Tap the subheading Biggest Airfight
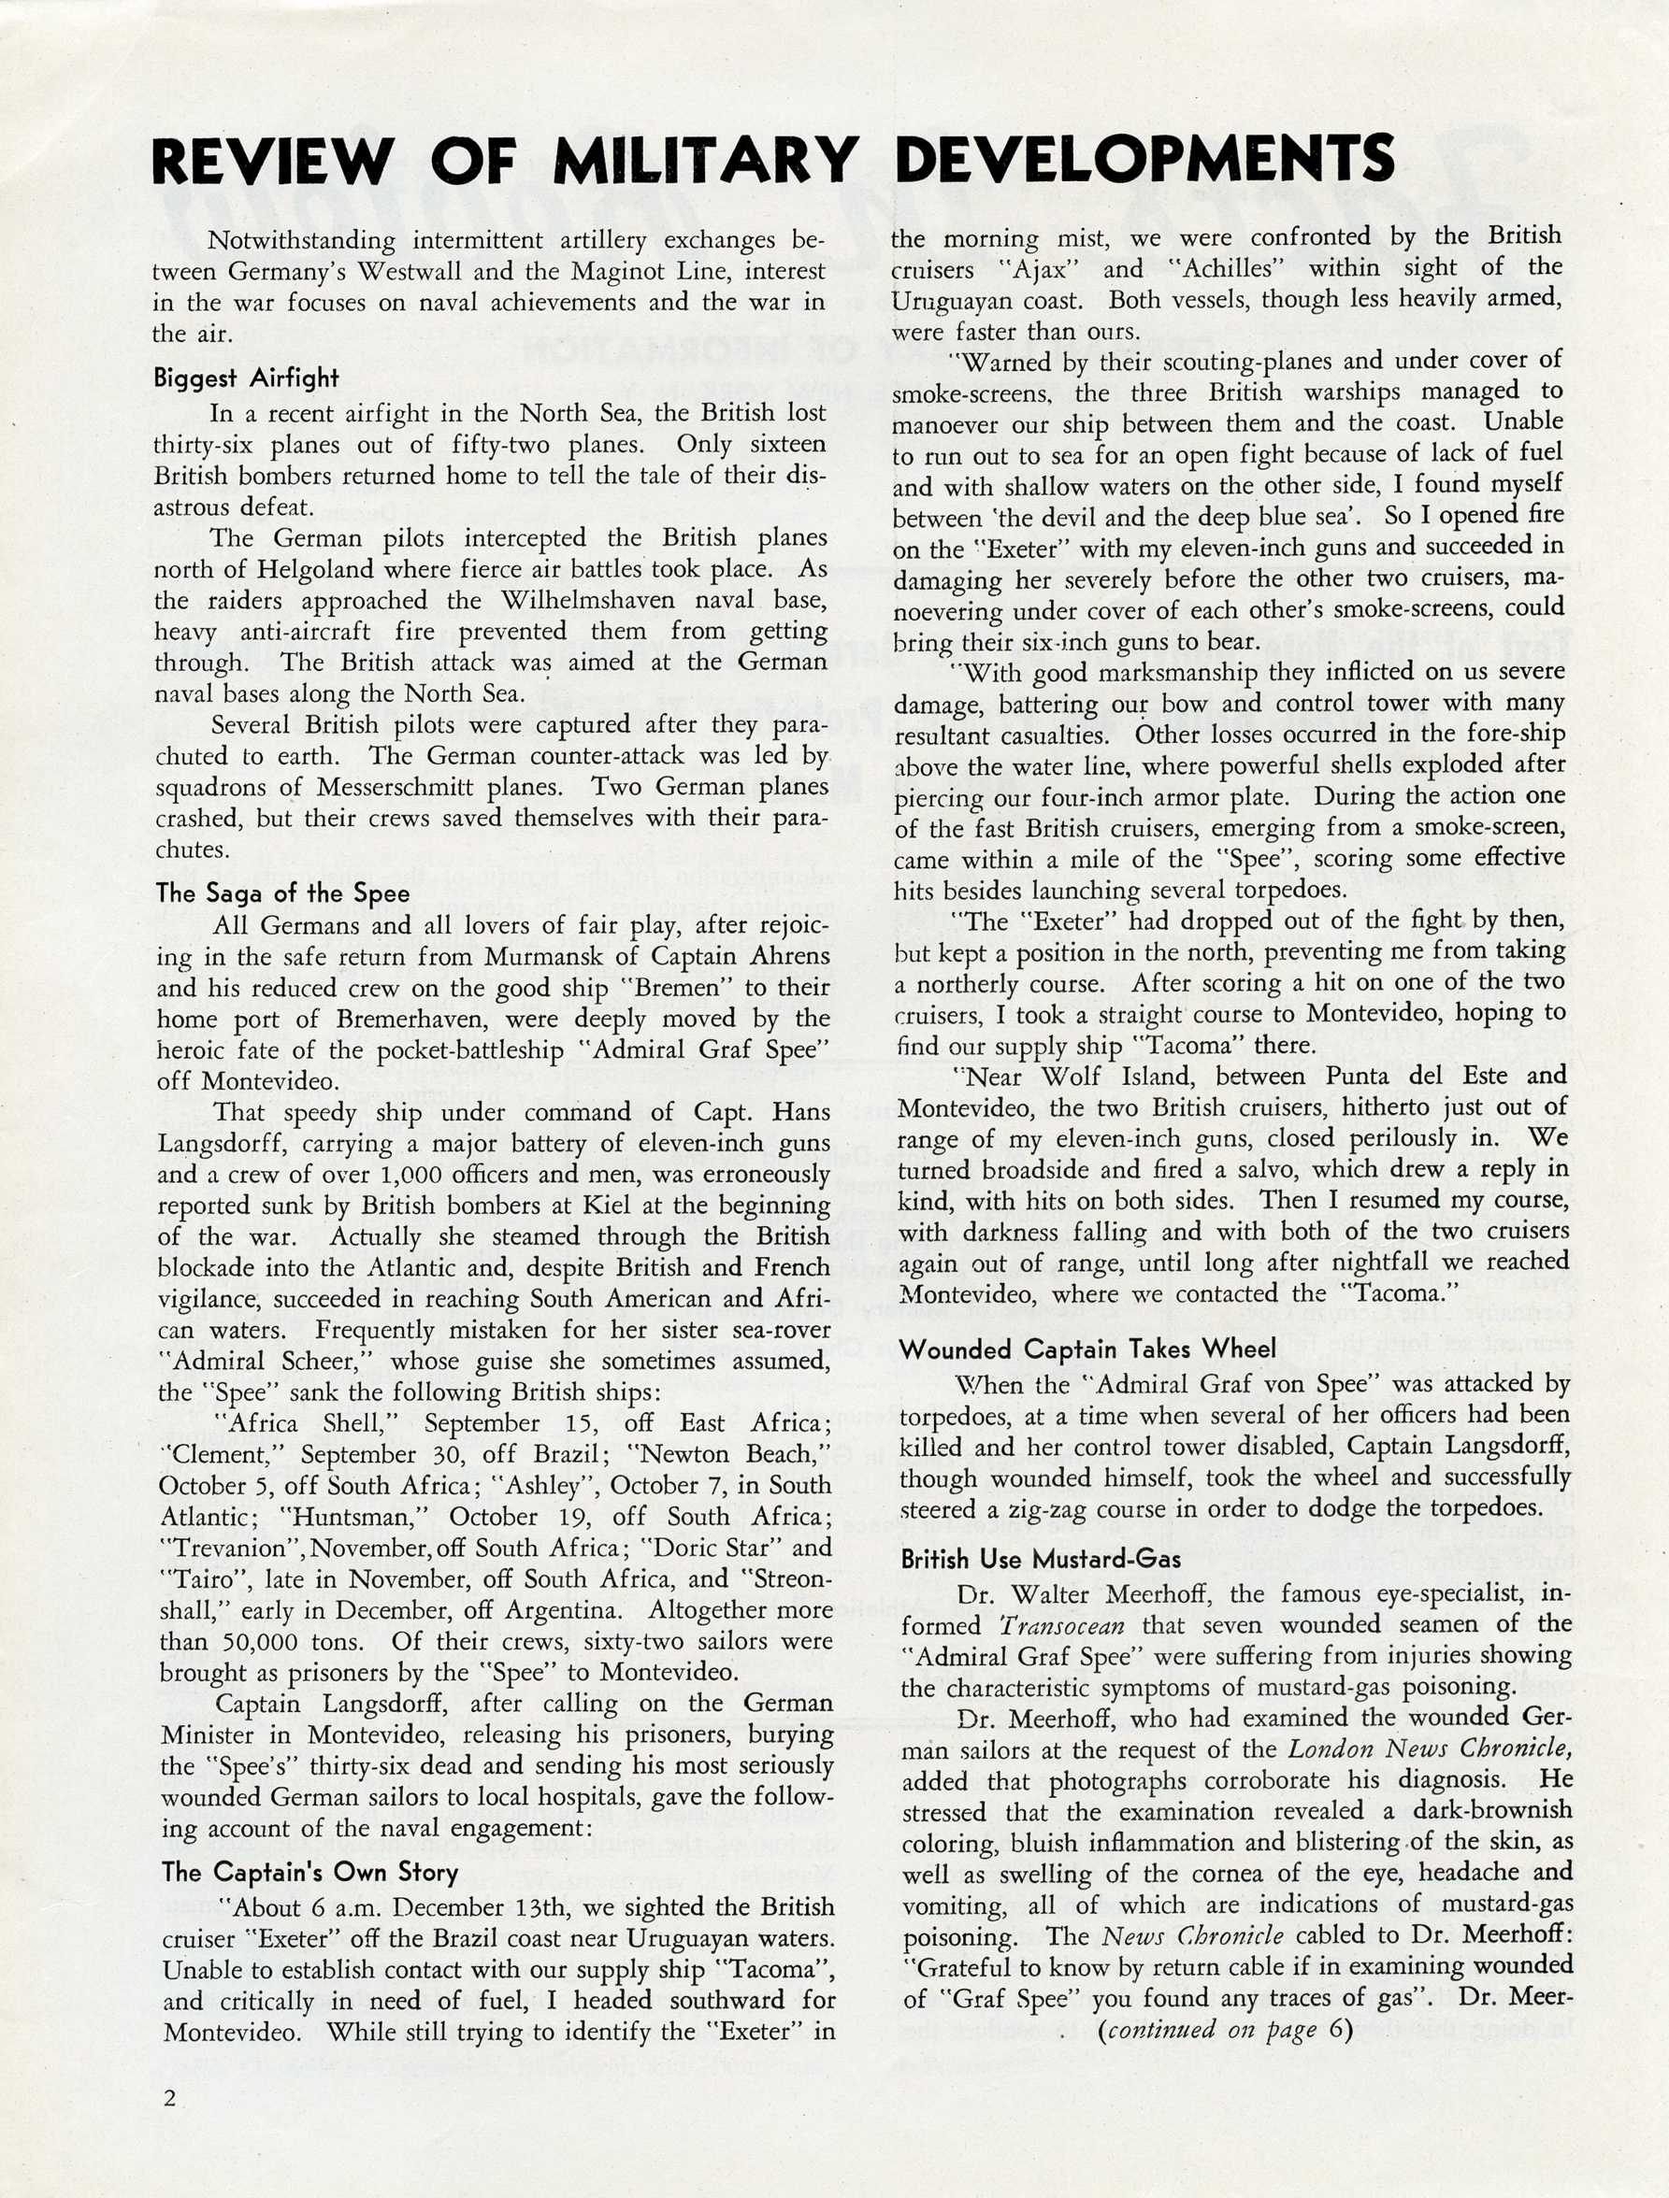(247, 378)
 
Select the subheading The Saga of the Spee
(282, 892)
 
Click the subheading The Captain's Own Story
(309, 1872)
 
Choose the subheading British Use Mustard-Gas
(1041, 1558)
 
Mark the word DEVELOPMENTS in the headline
(1144, 159)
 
